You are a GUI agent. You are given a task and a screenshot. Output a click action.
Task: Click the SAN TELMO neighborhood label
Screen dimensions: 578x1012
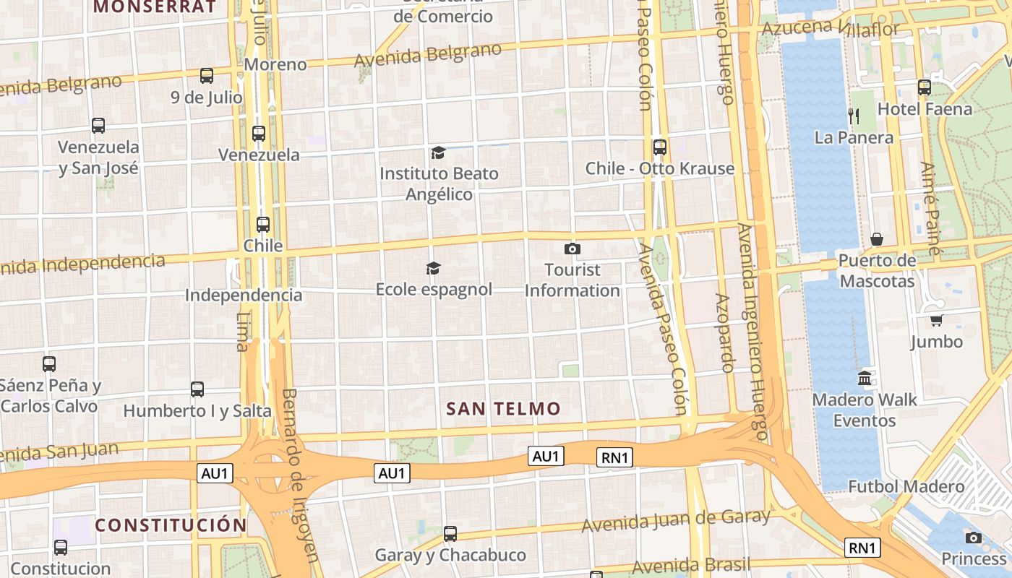(503, 409)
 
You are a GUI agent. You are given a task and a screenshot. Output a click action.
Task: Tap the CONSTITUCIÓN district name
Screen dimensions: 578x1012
(171, 525)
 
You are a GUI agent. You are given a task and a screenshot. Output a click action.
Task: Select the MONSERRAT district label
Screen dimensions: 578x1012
(155, 7)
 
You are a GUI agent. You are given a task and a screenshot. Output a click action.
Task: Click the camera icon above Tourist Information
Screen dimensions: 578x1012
(572, 249)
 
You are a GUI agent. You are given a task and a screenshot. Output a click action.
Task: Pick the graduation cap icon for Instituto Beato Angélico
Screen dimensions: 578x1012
(438, 152)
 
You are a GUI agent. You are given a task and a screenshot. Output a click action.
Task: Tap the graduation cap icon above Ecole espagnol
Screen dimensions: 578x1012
(433, 269)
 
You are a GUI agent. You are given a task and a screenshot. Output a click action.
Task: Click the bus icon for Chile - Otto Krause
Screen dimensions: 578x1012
(659, 147)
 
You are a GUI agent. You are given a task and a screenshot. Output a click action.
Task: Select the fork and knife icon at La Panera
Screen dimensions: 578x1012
(854, 116)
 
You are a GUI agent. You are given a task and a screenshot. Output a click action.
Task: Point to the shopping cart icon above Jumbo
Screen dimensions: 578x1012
(936, 320)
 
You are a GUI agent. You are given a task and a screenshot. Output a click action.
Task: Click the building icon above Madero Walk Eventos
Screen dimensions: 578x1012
(865, 378)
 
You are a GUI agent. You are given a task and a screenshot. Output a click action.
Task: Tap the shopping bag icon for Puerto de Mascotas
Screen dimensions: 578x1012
(877, 239)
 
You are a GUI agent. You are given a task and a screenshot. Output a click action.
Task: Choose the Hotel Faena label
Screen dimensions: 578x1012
(925, 109)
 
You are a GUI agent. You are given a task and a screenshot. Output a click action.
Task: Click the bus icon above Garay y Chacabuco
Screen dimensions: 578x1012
(450, 534)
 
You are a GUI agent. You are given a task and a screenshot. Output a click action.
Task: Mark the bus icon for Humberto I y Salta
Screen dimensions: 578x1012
(197, 389)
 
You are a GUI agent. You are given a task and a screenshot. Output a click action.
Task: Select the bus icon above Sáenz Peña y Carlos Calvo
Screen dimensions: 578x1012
(49, 364)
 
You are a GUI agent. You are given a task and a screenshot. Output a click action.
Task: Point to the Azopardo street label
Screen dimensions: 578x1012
(724, 332)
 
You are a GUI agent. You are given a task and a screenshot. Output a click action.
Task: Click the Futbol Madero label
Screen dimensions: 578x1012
(906, 486)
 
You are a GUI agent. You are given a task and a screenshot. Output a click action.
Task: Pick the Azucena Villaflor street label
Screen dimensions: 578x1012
(831, 28)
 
